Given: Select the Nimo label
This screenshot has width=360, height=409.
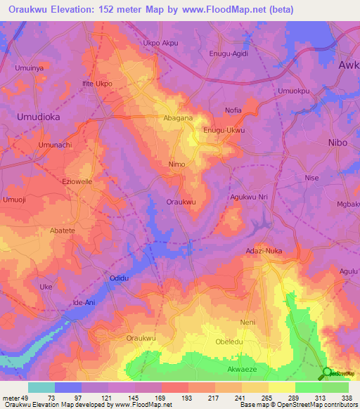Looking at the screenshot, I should pyautogui.click(x=177, y=164).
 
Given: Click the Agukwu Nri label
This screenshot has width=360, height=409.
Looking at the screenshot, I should pyautogui.click(x=250, y=197).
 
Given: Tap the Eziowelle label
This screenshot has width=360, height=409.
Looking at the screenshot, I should pyautogui.click(x=77, y=181).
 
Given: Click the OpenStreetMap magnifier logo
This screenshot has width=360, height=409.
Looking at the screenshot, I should pyautogui.click(x=327, y=373).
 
